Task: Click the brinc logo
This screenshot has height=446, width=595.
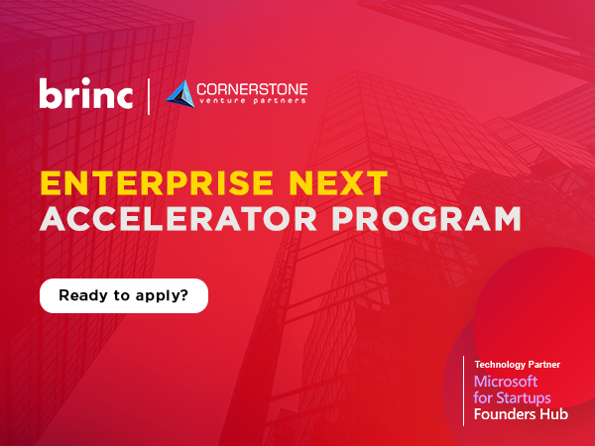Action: pos(86,94)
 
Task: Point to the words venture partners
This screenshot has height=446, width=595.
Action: pos(252,102)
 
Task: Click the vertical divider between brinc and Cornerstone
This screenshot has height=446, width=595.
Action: pos(149,95)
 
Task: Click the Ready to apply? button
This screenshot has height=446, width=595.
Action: pos(124,295)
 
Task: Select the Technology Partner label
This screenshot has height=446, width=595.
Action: pos(518,365)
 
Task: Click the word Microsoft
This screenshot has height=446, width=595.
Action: pos(506,382)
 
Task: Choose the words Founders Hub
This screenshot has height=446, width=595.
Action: pos(522,414)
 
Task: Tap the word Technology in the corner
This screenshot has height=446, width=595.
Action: pos(501,365)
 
